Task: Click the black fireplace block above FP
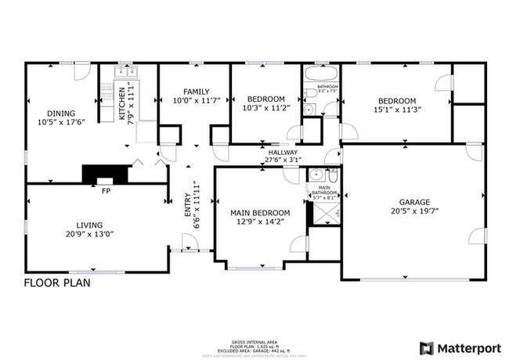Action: (x=103, y=173)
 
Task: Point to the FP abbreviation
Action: (x=104, y=189)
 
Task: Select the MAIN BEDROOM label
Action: (x=260, y=213)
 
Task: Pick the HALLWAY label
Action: (x=282, y=153)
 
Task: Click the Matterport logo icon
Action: (x=428, y=347)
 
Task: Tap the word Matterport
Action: (x=469, y=347)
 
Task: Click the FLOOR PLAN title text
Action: (x=56, y=283)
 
